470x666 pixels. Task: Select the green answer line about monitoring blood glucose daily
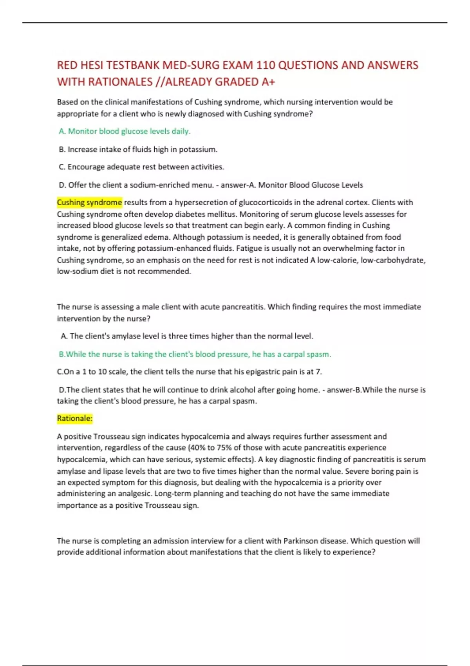click(x=125, y=131)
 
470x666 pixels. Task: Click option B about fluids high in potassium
click(x=138, y=149)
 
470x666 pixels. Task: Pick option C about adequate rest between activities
click(x=141, y=167)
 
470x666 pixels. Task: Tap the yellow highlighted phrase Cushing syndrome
click(x=89, y=203)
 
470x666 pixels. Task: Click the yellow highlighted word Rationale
click(x=74, y=418)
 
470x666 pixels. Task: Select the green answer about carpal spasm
click(x=195, y=354)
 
